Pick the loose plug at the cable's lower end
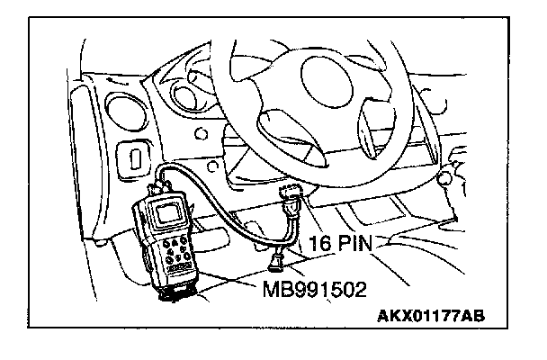click(x=276, y=263)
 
